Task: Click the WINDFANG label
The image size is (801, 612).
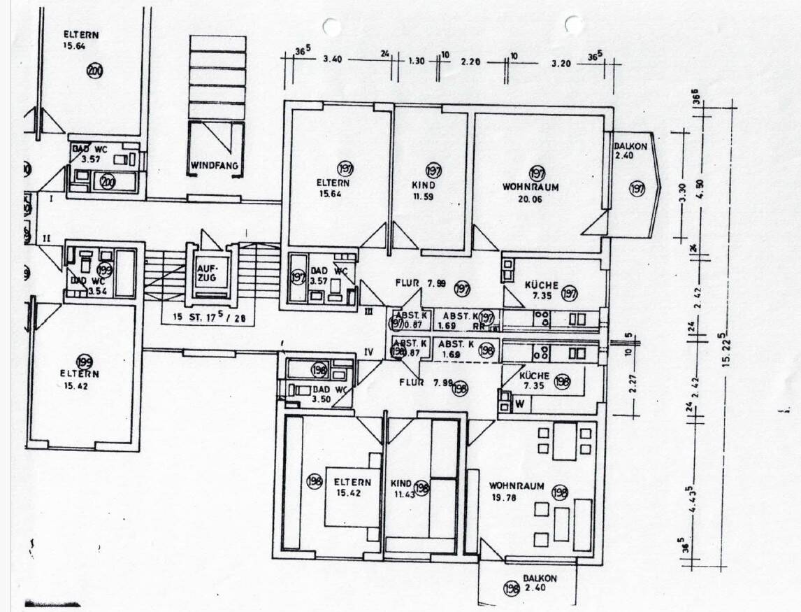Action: click(215, 166)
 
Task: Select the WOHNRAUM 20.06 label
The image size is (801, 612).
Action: click(531, 193)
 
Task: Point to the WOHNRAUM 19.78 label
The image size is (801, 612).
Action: click(517, 491)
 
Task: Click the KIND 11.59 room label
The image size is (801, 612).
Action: click(424, 190)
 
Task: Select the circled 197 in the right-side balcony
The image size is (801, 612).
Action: click(637, 188)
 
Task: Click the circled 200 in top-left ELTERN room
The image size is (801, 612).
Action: click(95, 70)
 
